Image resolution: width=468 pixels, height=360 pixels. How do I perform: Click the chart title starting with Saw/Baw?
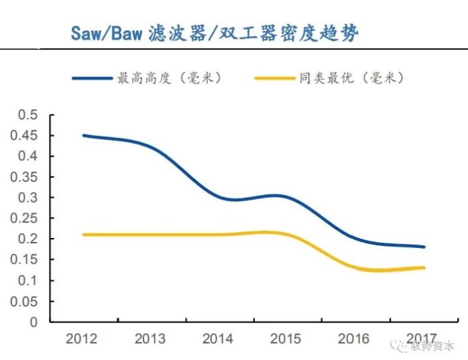(x=215, y=34)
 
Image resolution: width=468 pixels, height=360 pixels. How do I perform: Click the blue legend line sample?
(x=93, y=78)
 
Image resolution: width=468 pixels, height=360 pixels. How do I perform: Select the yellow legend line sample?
(x=275, y=78)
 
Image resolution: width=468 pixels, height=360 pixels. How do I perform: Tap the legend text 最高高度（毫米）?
(x=169, y=78)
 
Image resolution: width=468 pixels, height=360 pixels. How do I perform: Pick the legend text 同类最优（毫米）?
(x=351, y=78)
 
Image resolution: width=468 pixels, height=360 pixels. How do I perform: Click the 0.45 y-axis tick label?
(x=25, y=135)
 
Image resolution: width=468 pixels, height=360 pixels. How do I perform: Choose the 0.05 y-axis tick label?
(x=25, y=301)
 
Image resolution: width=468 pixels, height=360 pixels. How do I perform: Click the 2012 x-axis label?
(x=81, y=339)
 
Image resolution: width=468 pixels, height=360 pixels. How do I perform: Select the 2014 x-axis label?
(x=219, y=339)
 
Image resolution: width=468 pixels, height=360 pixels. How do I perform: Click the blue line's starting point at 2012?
(x=83, y=135)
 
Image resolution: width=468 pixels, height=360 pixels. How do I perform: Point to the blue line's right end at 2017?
(x=424, y=247)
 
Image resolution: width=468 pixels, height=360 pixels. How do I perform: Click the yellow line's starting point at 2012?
(x=83, y=235)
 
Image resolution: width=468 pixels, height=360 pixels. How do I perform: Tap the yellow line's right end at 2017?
(x=424, y=267)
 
